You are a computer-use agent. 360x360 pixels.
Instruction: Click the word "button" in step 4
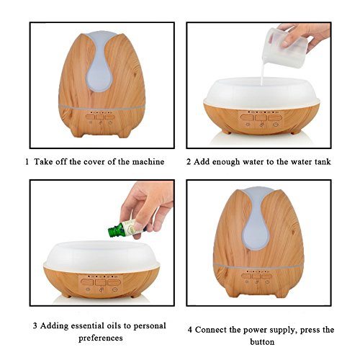coord(262,341)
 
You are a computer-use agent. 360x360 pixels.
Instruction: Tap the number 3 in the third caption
coord(35,326)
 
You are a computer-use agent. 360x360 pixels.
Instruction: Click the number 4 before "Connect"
coord(190,330)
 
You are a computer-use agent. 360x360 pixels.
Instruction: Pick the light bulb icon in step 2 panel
coord(247,125)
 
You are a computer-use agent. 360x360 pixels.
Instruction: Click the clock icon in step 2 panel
coord(276,125)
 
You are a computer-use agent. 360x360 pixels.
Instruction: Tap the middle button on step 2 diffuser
coord(261,117)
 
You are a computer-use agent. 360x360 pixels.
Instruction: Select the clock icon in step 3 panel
coord(114,289)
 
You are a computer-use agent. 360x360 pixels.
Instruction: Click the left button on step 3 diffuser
coord(86,282)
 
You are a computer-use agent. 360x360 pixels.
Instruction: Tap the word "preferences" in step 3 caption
coord(101,338)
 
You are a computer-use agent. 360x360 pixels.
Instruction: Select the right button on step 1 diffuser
coord(109,117)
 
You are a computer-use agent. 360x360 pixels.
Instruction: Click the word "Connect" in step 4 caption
coord(210,330)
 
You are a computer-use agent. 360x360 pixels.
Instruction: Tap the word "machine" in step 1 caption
coord(148,161)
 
